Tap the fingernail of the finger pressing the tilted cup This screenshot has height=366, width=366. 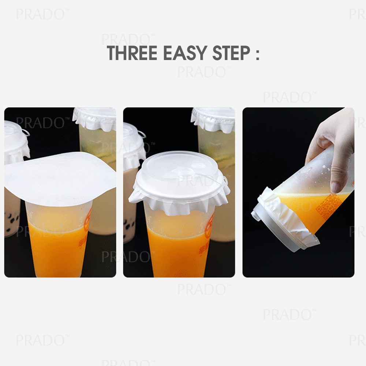(336, 187)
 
